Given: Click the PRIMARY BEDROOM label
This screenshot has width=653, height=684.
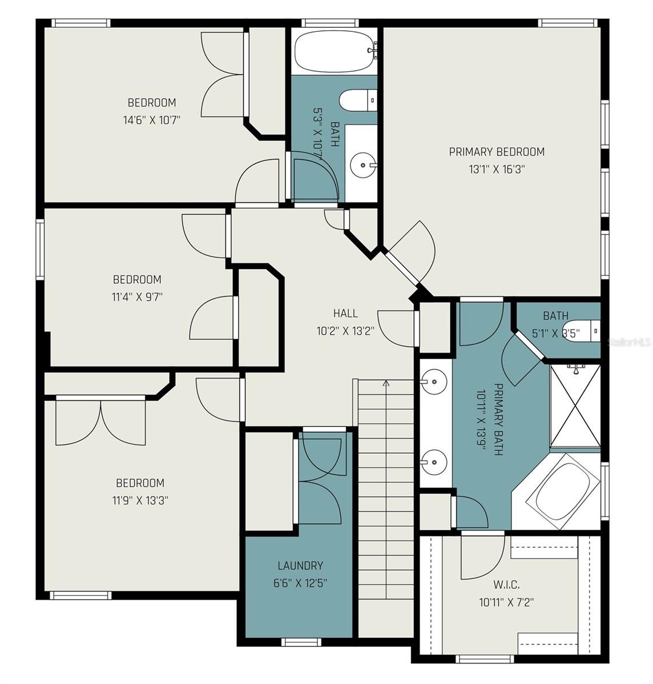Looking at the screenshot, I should click(x=497, y=152).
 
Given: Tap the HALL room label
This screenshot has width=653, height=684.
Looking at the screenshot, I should click(x=345, y=313).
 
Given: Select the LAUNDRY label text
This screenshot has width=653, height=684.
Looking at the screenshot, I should click(x=300, y=565).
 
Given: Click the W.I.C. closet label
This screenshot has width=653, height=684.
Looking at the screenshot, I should click(x=506, y=584).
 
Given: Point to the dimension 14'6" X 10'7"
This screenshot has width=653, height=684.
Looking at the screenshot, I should click(x=152, y=120).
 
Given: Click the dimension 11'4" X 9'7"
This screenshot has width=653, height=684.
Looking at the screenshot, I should click(x=137, y=296).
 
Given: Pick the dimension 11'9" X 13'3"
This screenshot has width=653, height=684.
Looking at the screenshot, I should click(x=140, y=500).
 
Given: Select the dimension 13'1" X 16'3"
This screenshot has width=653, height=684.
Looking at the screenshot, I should click(x=497, y=169).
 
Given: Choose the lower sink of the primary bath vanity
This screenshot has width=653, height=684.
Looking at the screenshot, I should click(x=435, y=458).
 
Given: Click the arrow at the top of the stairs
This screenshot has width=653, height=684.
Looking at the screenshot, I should click(x=386, y=384).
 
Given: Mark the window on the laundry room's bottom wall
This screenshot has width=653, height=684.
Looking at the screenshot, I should click(x=297, y=642).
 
